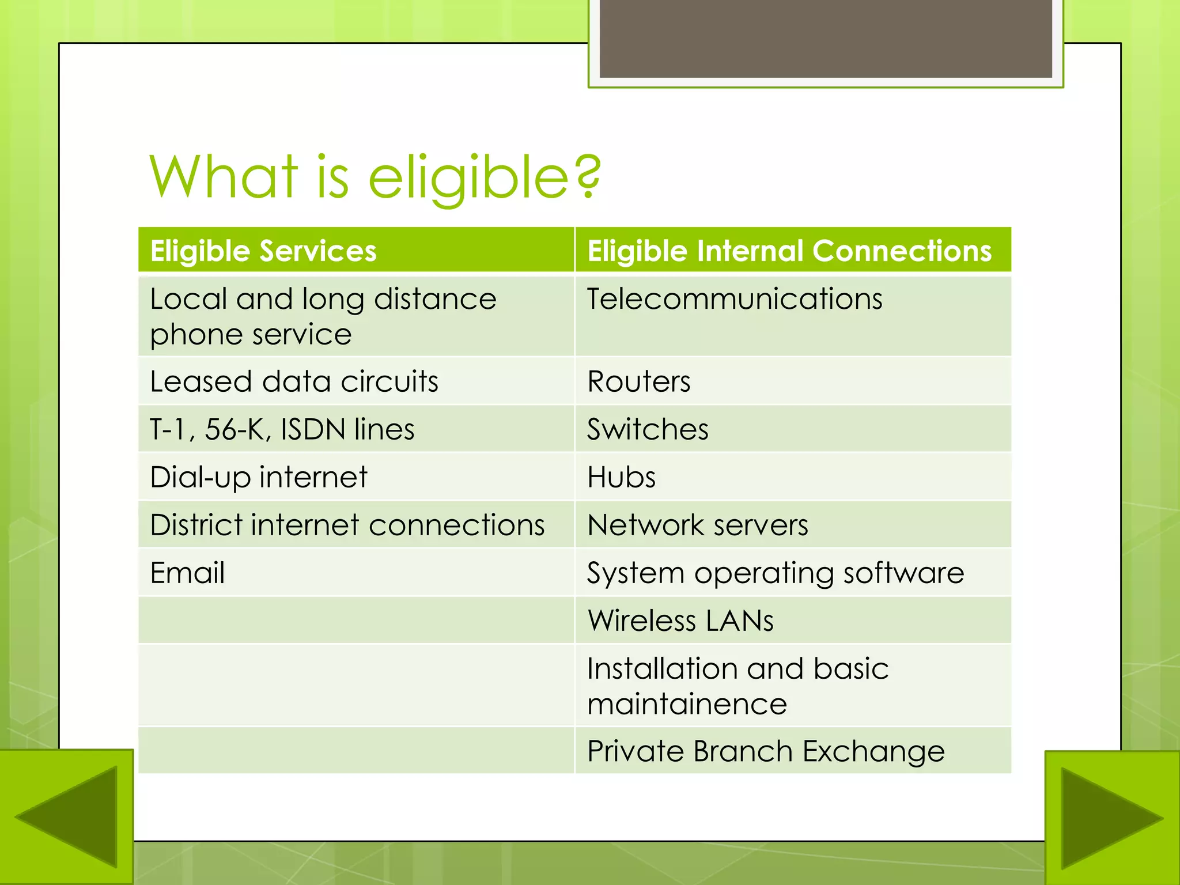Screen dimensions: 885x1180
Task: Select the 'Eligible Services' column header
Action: tap(263, 251)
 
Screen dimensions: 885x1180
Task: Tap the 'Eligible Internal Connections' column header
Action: tap(789, 251)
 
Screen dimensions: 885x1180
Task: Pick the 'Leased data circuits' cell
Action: tap(294, 381)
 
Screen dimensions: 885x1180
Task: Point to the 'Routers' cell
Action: tap(638, 381)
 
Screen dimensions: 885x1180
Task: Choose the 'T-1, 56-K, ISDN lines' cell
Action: tap(282, 429)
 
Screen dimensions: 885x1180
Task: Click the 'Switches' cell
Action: tap(648, 429)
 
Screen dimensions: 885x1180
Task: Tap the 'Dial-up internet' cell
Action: tap(258, 477)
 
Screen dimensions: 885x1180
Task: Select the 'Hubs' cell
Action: tap(621, 477)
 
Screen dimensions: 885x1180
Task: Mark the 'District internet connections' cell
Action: tap(347, 525)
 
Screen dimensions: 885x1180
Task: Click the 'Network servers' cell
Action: tap(697, 525)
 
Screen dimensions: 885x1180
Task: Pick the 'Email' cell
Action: tap(187, 573)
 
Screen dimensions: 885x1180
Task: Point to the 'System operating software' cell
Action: tap(775, 573)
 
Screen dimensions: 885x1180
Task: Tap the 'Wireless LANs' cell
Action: tap(680, 621)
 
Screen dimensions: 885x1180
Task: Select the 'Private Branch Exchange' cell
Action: tap(766, 751)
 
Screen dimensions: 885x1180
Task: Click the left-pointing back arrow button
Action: tap(66, 816)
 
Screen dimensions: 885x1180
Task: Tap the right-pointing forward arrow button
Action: tap(1112, 818)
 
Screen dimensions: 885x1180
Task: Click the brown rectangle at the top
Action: tap(826, 38)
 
